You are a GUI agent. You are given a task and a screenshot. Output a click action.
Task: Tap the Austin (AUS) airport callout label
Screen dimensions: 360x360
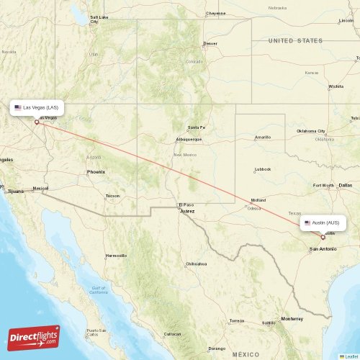[324, 222]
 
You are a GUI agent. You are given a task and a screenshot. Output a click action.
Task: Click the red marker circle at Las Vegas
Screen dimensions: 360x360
[37, 122]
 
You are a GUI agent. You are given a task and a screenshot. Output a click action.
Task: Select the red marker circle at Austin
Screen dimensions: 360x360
[322, 236]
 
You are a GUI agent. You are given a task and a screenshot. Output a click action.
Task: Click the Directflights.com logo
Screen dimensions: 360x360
[34, 337]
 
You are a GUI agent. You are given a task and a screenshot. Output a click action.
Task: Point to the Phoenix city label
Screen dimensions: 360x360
[96, 172]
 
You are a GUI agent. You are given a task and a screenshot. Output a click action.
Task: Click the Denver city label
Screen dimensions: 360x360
[210, 44]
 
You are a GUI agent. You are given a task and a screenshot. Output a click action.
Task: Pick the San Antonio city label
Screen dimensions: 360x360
[323, 249]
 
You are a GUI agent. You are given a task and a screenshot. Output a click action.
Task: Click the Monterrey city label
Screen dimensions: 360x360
[292, 318]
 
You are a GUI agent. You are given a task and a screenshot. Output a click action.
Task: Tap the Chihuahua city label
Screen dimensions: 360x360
[197, 264]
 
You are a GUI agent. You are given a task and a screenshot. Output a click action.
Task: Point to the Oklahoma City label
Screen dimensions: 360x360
[311, 132]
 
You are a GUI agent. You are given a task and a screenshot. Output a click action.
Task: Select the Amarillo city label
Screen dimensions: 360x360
[263, 137]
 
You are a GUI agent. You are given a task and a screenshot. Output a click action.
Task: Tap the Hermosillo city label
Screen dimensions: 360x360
[116, 256]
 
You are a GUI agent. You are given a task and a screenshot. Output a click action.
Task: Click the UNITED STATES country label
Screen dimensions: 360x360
[295, 41]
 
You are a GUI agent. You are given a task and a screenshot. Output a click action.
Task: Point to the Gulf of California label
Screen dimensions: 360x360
[98, 289]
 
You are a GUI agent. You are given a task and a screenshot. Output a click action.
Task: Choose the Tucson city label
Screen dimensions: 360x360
[112, 196]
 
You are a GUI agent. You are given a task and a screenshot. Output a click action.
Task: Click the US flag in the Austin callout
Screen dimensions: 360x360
[307, 222]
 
